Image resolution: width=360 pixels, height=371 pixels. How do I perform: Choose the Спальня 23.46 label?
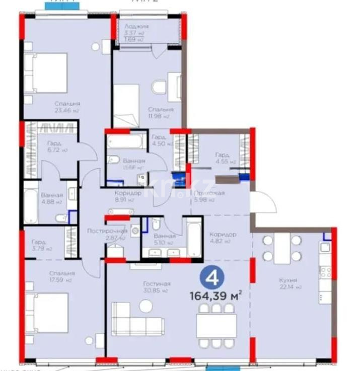click(x=67, y=106)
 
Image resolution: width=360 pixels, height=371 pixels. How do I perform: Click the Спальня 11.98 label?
click(x=161, y=112)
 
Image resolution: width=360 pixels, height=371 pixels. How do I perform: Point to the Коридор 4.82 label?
click(x=223, y=238)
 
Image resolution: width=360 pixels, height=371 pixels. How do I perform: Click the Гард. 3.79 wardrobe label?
click(x=42, y=245)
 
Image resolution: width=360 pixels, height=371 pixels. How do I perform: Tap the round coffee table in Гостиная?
click(x=146, y=306)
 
